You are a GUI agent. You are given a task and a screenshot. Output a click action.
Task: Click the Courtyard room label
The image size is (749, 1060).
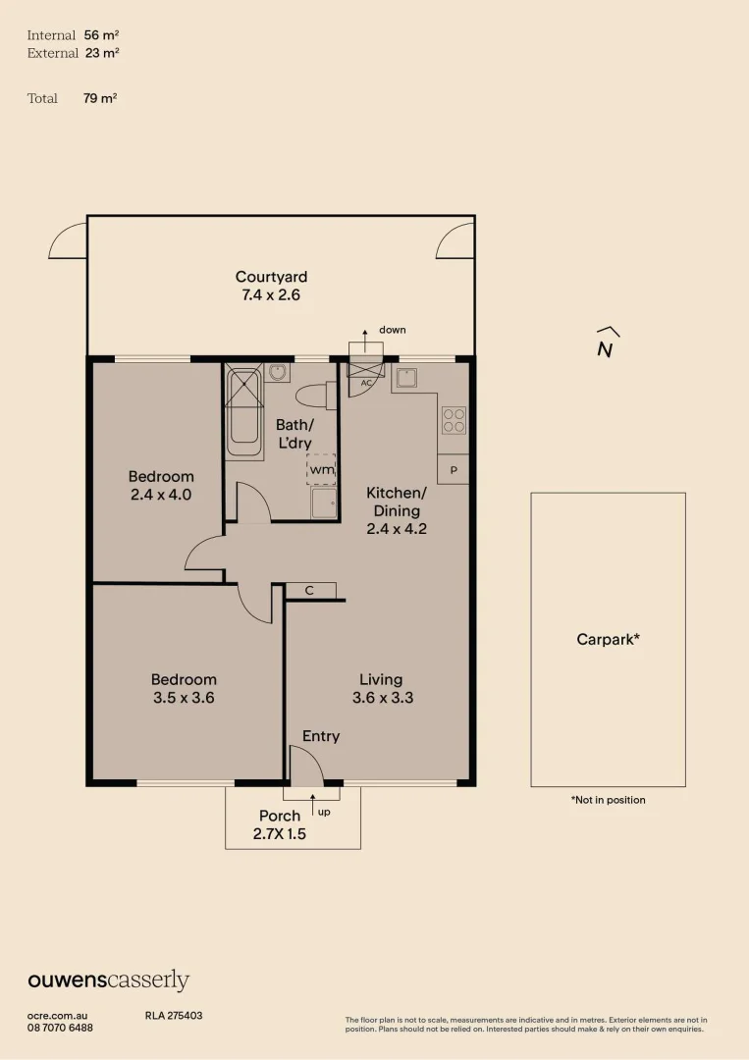[x=271, y=277]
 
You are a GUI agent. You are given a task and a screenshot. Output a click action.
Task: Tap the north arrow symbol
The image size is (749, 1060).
[x=607, y=344]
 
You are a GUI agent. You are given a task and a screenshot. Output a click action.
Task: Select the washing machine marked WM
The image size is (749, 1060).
[x=321, y=470]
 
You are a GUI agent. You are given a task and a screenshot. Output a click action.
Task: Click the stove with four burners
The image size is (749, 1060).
[x=454, y=420]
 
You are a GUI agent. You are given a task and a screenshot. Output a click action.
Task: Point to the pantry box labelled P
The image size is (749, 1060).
[x=454, y=470]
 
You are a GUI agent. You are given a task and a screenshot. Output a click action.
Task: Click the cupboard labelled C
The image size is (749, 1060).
[x=310, y=590]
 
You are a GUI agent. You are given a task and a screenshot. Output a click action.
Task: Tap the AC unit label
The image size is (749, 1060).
[x=365, y=382]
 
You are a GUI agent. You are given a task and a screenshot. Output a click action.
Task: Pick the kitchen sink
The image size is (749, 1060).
[x=406, y=378]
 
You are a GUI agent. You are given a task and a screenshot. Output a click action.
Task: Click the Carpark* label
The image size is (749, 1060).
[x=608, y=639]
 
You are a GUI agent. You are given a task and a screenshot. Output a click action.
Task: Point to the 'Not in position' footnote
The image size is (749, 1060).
[x=608, y=800]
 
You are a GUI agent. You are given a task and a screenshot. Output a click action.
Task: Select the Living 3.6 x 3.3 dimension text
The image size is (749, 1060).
[x=381, y=698]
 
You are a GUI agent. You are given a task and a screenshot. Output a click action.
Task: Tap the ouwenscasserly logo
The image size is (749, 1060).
[x=108, y=980]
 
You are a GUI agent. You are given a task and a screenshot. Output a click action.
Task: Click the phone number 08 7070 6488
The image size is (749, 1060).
[x=60, y=1028]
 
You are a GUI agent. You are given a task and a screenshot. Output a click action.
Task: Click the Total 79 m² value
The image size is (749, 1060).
[x=100, y=98]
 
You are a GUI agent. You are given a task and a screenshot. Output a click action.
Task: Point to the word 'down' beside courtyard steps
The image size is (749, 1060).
[x=392, y=330]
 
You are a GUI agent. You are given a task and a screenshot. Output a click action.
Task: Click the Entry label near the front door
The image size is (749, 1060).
[x=321, y=736]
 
